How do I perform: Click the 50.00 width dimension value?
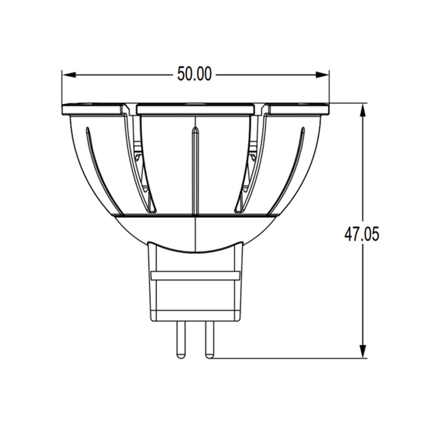point(194,74)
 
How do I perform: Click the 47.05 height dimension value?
point(362,234)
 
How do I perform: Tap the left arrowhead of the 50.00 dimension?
point(69,75)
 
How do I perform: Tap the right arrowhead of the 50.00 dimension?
point(322,75)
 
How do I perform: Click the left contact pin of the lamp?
point(180,340)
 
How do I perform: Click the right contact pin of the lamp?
point(210,340)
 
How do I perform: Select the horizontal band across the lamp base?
point(196,276)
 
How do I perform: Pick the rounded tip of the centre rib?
point(196,130)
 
